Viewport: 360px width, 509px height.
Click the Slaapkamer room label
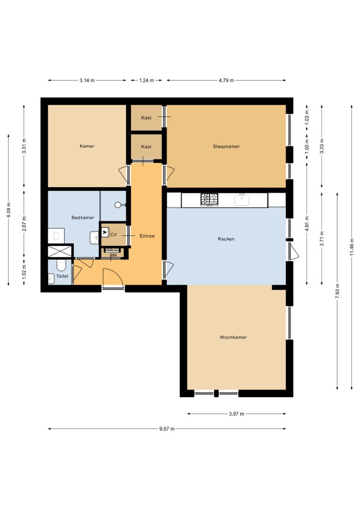(x=226, y=147)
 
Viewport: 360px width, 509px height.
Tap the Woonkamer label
(x=233, y=338)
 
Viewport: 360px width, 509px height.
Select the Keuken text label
(x=226, y=239)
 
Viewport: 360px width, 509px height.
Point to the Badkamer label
(x=83, y=218)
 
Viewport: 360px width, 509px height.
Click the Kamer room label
(x=87, y=146)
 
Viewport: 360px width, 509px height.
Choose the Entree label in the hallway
(x=147, y=236)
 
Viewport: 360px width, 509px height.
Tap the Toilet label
(x=62, y=276)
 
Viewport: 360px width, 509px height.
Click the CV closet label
(x=113, y=235)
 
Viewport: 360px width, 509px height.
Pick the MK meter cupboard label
(x=113, y=255)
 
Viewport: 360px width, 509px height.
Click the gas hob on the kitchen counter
(x=209, y=199)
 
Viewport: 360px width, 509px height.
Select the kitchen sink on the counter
(x=242, y=200)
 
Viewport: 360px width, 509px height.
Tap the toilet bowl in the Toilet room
(x=61, y=265)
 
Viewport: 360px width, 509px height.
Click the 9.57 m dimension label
(x=167, y=429)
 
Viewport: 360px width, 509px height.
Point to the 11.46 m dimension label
(x=352, y=247)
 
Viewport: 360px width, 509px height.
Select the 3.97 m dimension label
(x=237, y=414)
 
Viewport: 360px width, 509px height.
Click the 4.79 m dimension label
(x=226, y=81)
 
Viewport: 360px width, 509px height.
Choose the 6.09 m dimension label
(x=9, y=210)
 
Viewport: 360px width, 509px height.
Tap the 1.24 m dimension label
(x=146, y=81)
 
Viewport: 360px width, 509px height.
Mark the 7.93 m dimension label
(x=337, y=291)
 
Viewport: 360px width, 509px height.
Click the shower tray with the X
(x=60, y=252)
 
